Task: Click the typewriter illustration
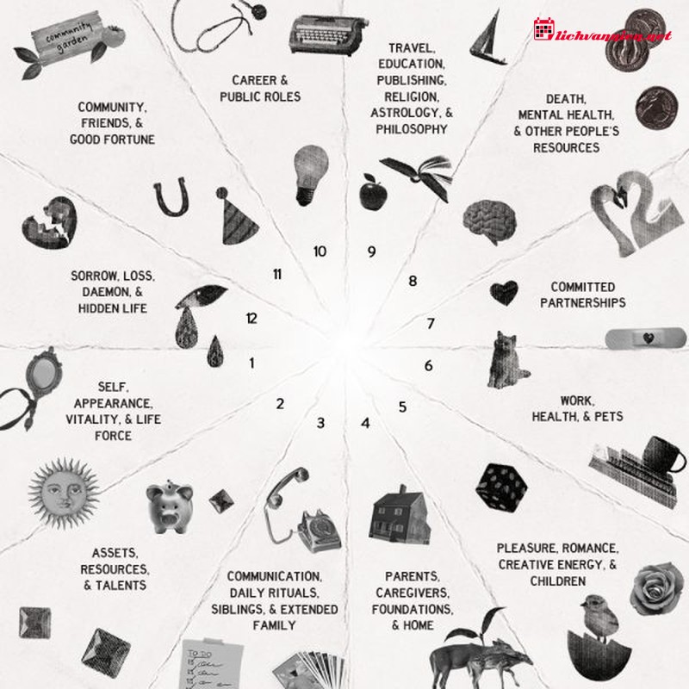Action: coord(327,35)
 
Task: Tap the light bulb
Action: coord(311,175)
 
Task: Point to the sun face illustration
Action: coord(64,493)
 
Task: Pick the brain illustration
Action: coord(489,221)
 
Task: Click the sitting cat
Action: coord(506,360)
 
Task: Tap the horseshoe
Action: coord(171,197)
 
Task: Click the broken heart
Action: coord(49,223)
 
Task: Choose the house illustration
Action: coord(399,514)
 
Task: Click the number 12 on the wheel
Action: coord(251,318)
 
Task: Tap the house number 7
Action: coord(431,324)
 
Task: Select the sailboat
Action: coord(487,38)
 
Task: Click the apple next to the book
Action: coord(373,191)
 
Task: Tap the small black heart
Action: coord(504,293)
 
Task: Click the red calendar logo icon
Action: coord(543,29)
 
